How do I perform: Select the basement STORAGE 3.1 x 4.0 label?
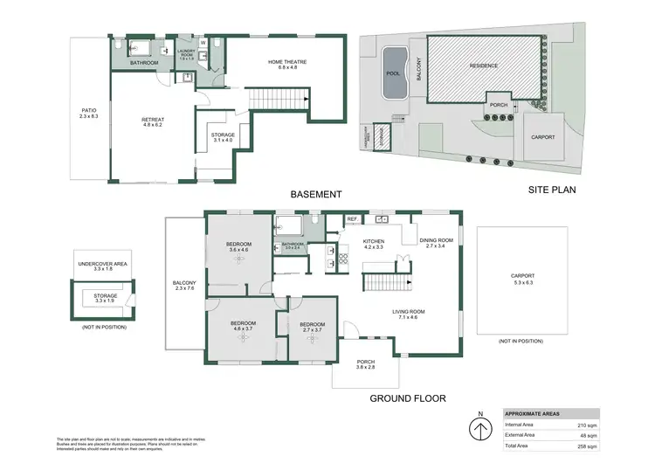(223, 137)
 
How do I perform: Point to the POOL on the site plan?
(392, 74)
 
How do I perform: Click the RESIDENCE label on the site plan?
(484, 66)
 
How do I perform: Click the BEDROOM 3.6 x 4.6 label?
(238, 246)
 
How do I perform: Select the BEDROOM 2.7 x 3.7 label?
(312, 328)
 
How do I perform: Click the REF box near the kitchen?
(352, 219)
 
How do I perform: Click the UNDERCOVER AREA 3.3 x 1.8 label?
(103, 266)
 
